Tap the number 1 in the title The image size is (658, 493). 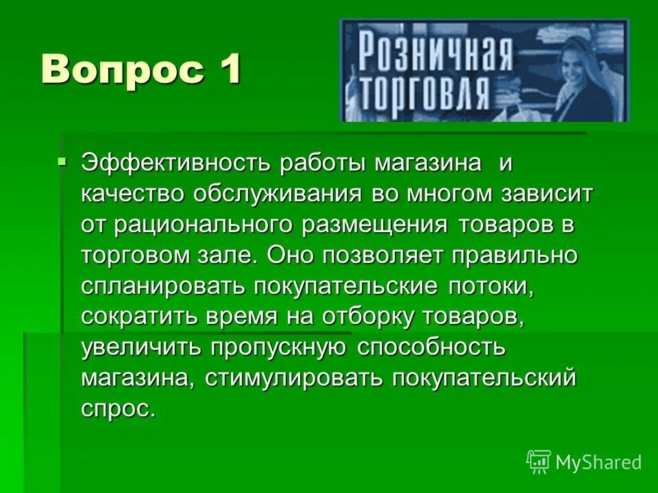229,70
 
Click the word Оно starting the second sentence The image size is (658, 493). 291,255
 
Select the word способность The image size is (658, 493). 431,348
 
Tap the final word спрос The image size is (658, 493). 117,409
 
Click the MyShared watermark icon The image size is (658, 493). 539,462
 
